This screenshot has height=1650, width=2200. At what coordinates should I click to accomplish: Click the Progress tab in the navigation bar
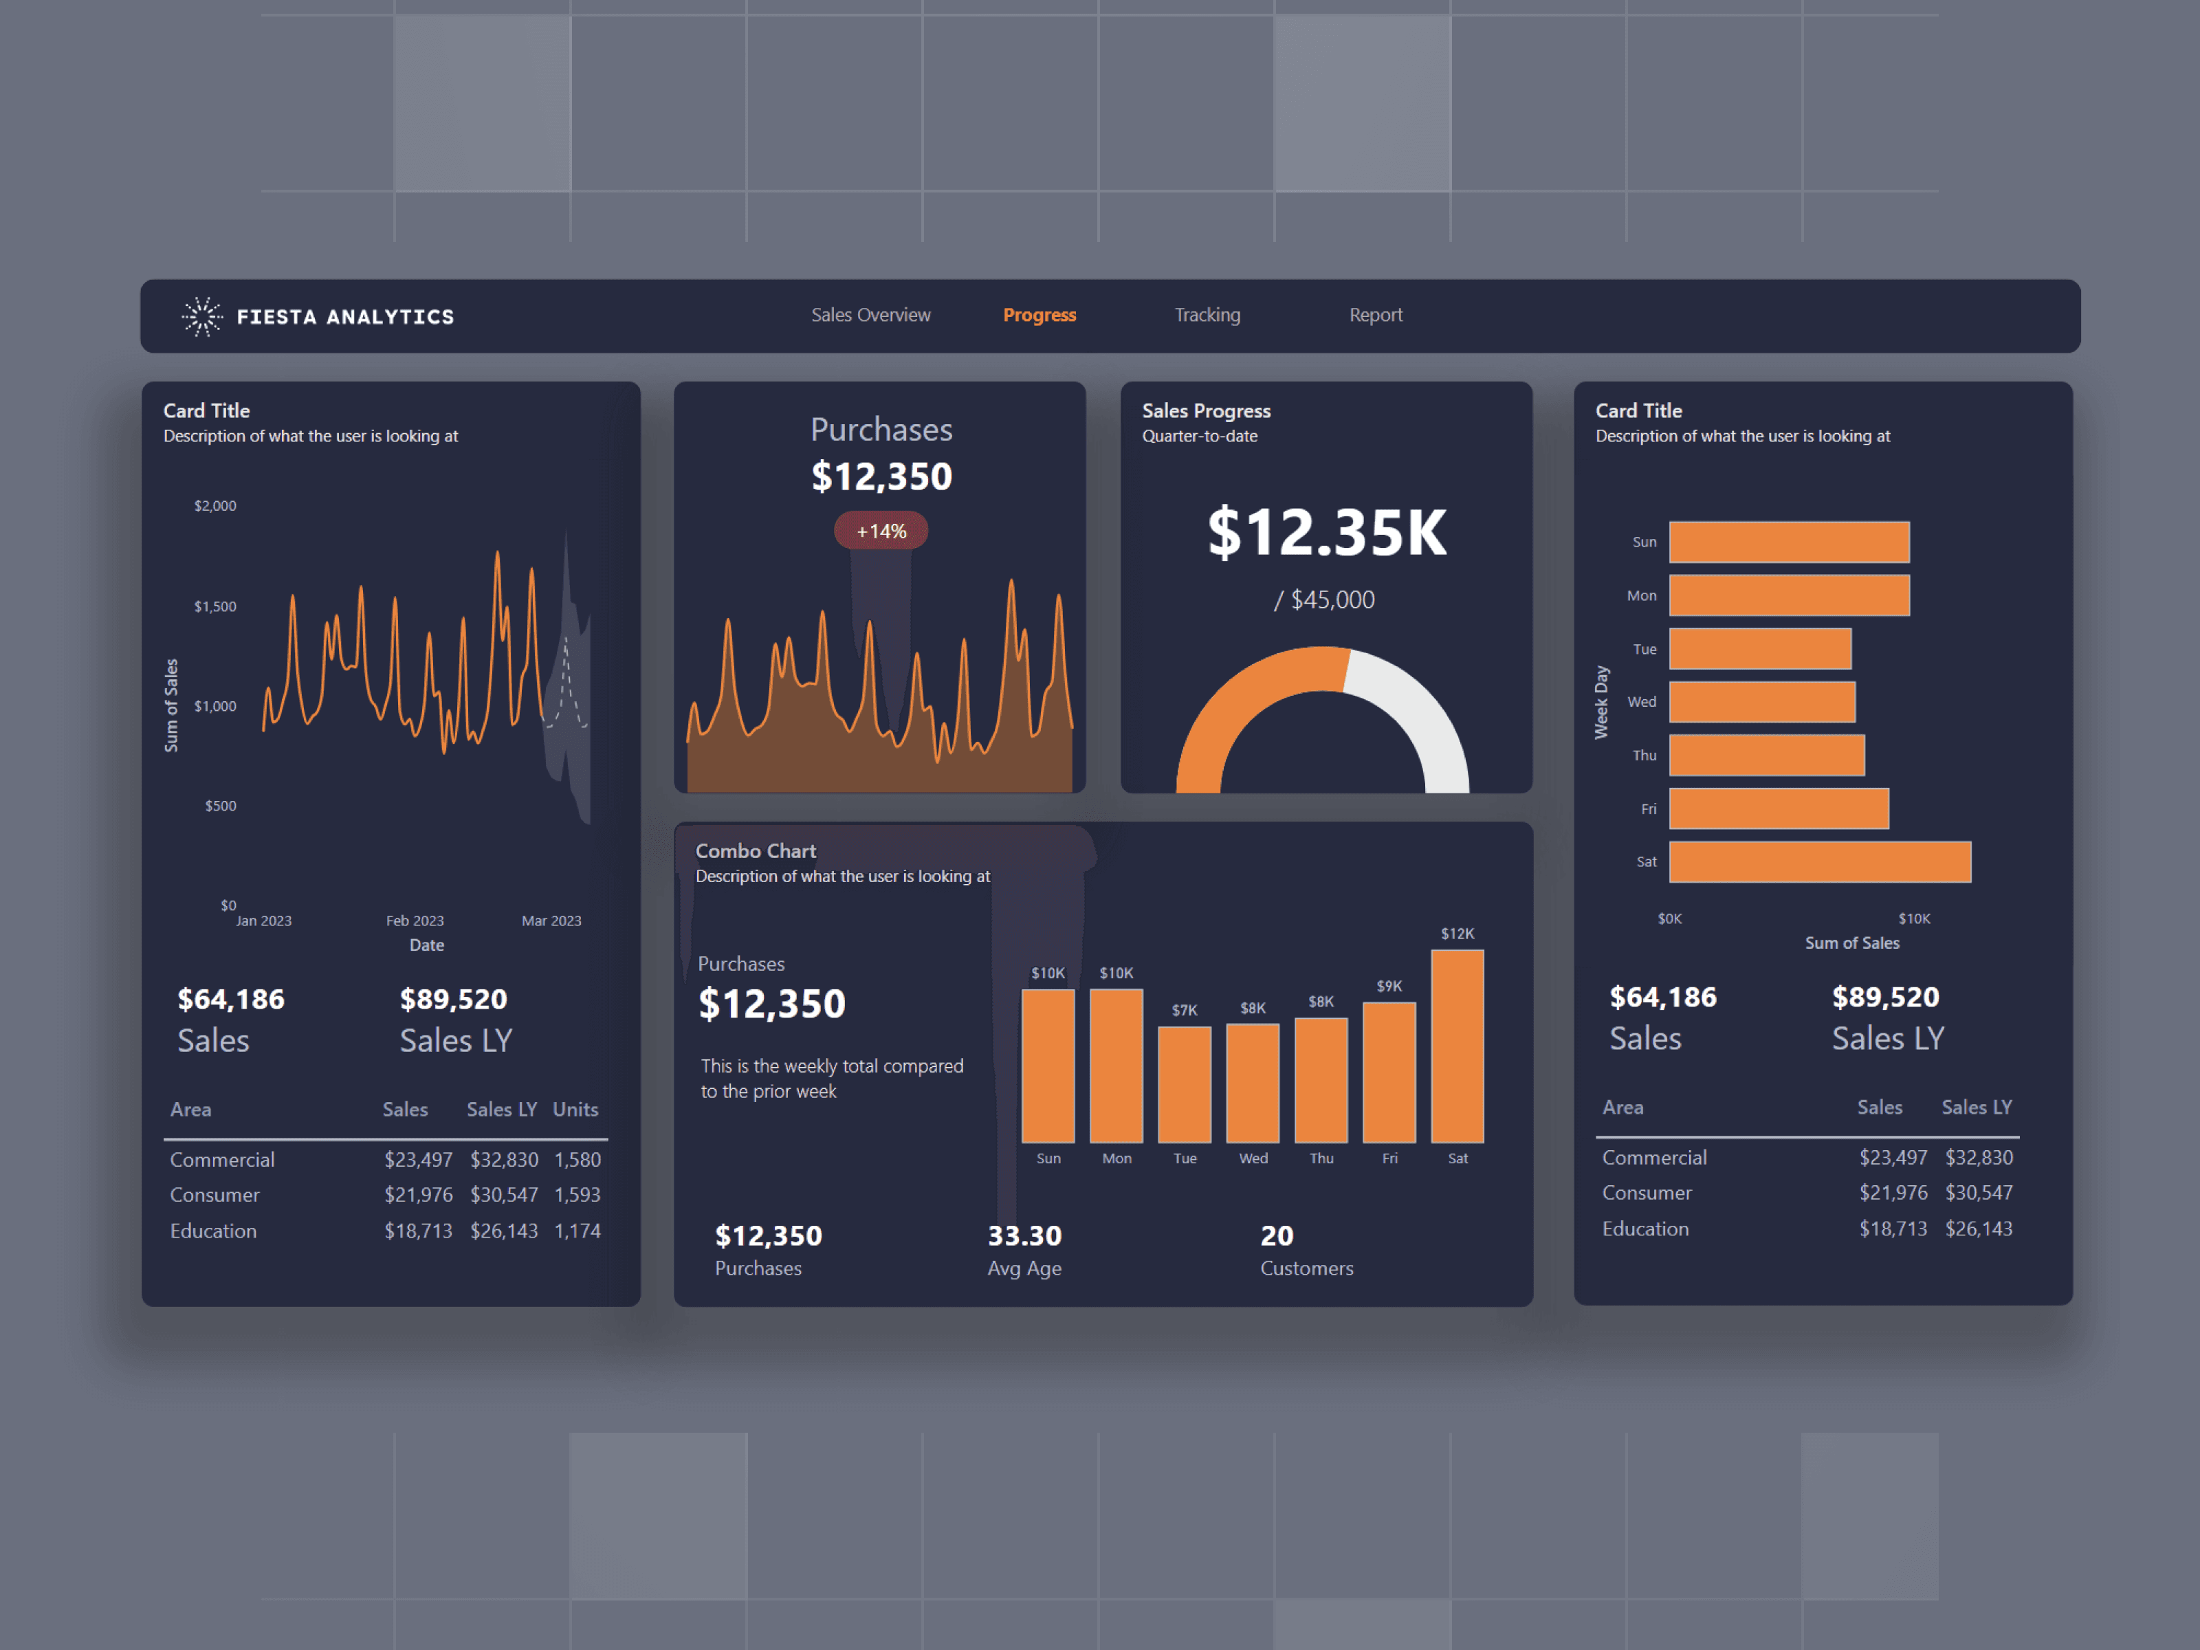[x=1039, y=316]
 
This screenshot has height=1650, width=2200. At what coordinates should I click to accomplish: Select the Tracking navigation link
[x=1207, y=316]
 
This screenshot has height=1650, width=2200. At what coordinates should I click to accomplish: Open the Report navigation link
[x=1376, y=316]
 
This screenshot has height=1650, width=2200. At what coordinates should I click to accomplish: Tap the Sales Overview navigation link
[x=870, y=316]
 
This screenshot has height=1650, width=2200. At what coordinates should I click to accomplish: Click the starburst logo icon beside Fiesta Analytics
[x=202, y=316]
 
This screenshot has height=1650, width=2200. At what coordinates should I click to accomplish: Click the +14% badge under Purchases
[x=881, y=531]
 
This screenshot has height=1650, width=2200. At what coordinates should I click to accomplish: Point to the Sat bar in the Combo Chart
[x=1457, y=1046]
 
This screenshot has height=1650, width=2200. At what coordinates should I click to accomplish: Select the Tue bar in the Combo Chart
[x=1185, y=1084]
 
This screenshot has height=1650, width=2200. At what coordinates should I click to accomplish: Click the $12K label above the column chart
[x=1457, y=934]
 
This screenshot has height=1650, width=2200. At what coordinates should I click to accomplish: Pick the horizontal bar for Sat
[x=1819, y=862]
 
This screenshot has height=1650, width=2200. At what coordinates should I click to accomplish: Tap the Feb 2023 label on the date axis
[x=415, y=921]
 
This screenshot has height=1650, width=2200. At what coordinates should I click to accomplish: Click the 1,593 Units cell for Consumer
[x=577, y=1194]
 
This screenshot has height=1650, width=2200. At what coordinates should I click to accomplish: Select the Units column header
[x=575, y=1109]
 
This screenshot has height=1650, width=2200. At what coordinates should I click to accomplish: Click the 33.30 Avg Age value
[x=1024, y=1235]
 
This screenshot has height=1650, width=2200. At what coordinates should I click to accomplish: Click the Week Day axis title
[x=1601, y=702]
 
